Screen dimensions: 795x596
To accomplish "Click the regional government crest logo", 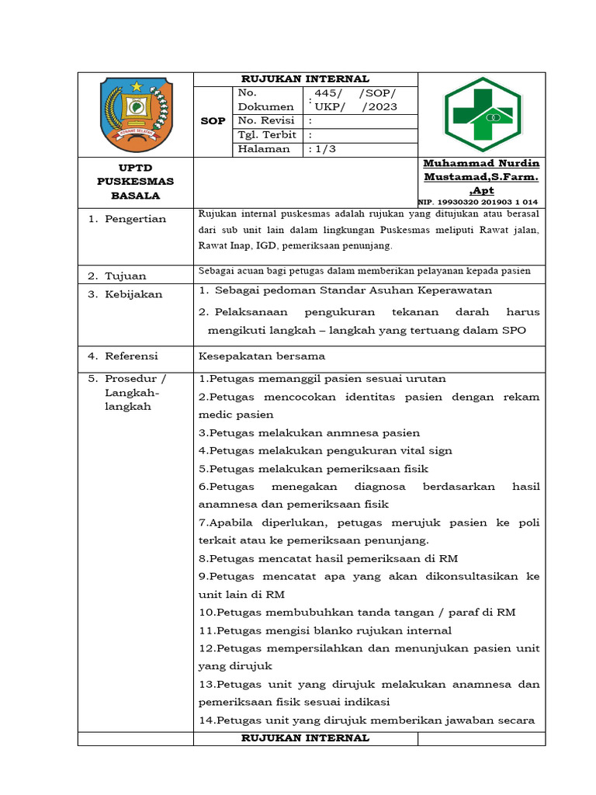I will click(x=136, y=114).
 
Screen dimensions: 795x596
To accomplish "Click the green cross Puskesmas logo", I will click(x=482, y=115).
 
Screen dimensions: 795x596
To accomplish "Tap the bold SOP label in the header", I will click(x=213, y=121).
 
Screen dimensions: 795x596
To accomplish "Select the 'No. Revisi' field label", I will click(x=266, y=120).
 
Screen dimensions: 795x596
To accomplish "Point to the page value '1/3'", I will click(x=324, y=149).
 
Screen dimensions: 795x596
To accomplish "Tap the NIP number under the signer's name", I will click(x=479, y=201).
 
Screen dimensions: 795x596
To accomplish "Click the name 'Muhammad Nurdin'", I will click(x=481, y=164).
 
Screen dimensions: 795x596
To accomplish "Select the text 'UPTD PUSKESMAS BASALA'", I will click(x=135, y=182).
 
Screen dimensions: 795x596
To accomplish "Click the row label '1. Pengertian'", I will click(x=126, y=219).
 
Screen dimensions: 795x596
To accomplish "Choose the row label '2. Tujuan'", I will click(x=116, y=276).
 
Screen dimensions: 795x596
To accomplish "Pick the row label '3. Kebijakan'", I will click(x=124, y=294).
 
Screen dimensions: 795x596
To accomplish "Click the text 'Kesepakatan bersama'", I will click(x=262, y=356).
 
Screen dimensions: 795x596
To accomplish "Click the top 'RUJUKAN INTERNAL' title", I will click(x=305, y=78).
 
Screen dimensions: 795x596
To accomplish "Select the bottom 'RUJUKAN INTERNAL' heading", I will click(x=305, y=738).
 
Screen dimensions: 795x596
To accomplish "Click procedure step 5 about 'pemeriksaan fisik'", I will click(x=314, y=469).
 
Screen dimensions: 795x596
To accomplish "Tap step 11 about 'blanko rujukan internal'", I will click(x=325, y=630).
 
